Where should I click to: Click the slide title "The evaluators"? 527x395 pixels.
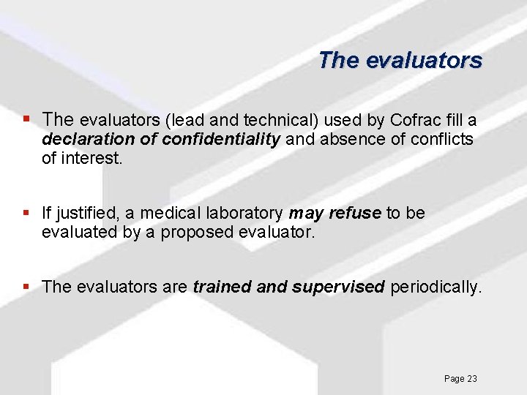(400, 60)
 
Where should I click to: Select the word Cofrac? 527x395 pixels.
(415, 120)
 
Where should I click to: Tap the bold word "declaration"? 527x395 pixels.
(88, 139)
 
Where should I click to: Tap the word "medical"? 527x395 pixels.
(168, 214)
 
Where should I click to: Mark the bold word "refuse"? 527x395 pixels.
(356, 214)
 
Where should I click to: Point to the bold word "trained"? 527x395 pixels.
(223, 287)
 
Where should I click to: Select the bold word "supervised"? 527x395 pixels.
(338, 287)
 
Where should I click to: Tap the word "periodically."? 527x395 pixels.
(436, 287)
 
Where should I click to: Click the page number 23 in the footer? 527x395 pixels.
(471, 378)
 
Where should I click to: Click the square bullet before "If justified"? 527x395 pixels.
(27, 214)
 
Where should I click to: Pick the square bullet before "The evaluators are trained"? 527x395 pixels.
(27, 287)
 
